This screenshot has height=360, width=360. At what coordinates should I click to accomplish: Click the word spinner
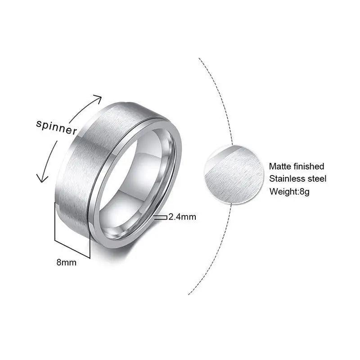[x=57, y=128]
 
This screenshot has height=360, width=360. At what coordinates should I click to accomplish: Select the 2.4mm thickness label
[x=182, y=217]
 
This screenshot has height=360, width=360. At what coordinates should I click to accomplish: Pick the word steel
[x=318, y=179]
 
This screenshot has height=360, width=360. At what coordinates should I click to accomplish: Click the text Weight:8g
[x=290, y=191]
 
